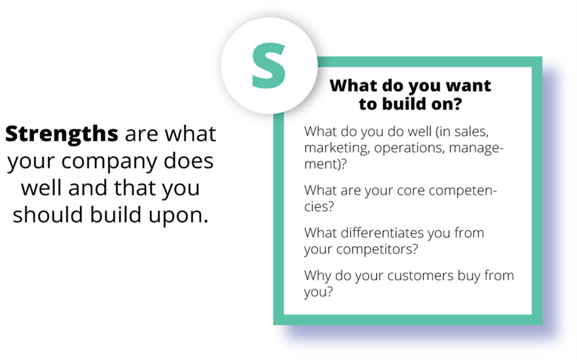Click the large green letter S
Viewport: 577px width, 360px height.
(x=269, y=65)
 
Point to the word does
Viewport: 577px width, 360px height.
(x=189, y=161)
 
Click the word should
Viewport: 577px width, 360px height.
(x=48, y=215)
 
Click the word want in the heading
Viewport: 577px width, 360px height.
(x=468, y=86)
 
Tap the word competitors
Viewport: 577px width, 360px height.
(x=377, y=249)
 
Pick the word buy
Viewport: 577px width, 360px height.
(x=469, y=276)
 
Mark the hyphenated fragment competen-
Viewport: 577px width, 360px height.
(x=463, y=191)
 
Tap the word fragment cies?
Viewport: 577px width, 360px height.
(x=319, y=207)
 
